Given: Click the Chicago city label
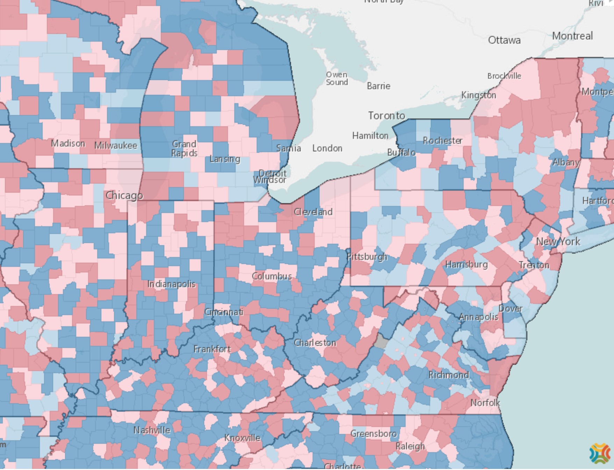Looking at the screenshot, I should click(x=124, y=195).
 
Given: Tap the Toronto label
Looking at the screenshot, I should click(x=386, y=116).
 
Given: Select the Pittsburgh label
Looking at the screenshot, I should click(x=367, y=257).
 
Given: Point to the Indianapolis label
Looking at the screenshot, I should click(x=171, y=284).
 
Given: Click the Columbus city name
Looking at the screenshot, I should click(x=272, y=276).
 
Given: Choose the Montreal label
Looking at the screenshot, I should click(x=572, y=36).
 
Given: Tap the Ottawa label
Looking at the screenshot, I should click(x=504, y=40).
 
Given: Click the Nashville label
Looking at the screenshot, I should click(x=152, y=430).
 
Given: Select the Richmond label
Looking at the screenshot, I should click(x=449, y=375).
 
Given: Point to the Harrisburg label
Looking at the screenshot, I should click(x=466, y=264).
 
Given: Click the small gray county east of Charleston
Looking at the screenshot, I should click(x=381, y=341).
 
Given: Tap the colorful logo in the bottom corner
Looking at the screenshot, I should click(x=599, y=454).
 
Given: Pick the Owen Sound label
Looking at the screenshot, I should click(x=337, y=79).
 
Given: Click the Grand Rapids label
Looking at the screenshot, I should click(x=184, y=149).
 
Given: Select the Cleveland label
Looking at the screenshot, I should click(x=313, y=212).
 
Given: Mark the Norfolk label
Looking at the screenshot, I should click(x=485, y=403).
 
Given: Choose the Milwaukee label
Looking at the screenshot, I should click(x=116, y=145).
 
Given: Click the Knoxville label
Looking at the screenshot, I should click(x=242, y=438).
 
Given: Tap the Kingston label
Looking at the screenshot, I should click(x=478, y=95).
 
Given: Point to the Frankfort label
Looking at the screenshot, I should click(x=212, y=349).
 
